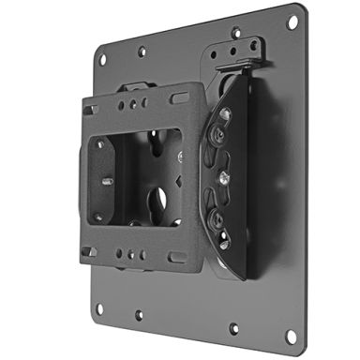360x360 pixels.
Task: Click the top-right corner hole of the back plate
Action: (x=293, y=21)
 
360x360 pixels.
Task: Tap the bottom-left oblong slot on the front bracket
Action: (x=89, y=251)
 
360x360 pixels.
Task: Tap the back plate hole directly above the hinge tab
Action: (x=237, y=31)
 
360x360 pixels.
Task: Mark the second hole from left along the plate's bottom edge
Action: (x=138, y=315)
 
